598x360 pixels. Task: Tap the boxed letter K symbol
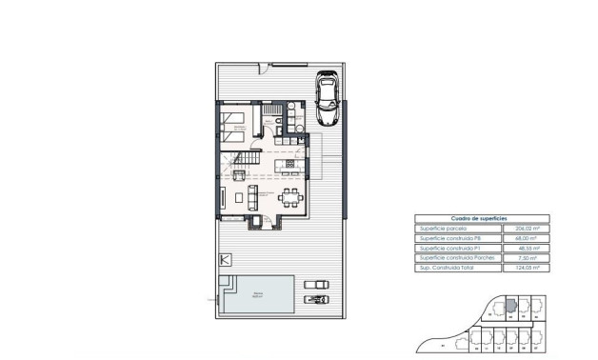[226, 259]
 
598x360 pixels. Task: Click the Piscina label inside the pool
[258, 295]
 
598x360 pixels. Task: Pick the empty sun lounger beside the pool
[314, 283]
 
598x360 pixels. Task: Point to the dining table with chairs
[290, 199]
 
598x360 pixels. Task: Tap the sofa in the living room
[252, 198]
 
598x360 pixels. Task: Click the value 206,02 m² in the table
[527, 229]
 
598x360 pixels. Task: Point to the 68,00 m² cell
[528, 238]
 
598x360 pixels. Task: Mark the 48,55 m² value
[528, 249]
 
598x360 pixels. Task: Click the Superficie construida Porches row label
[450, 258]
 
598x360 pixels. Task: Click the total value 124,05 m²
[527, 269]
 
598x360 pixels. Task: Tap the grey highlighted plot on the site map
[509, 306]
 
